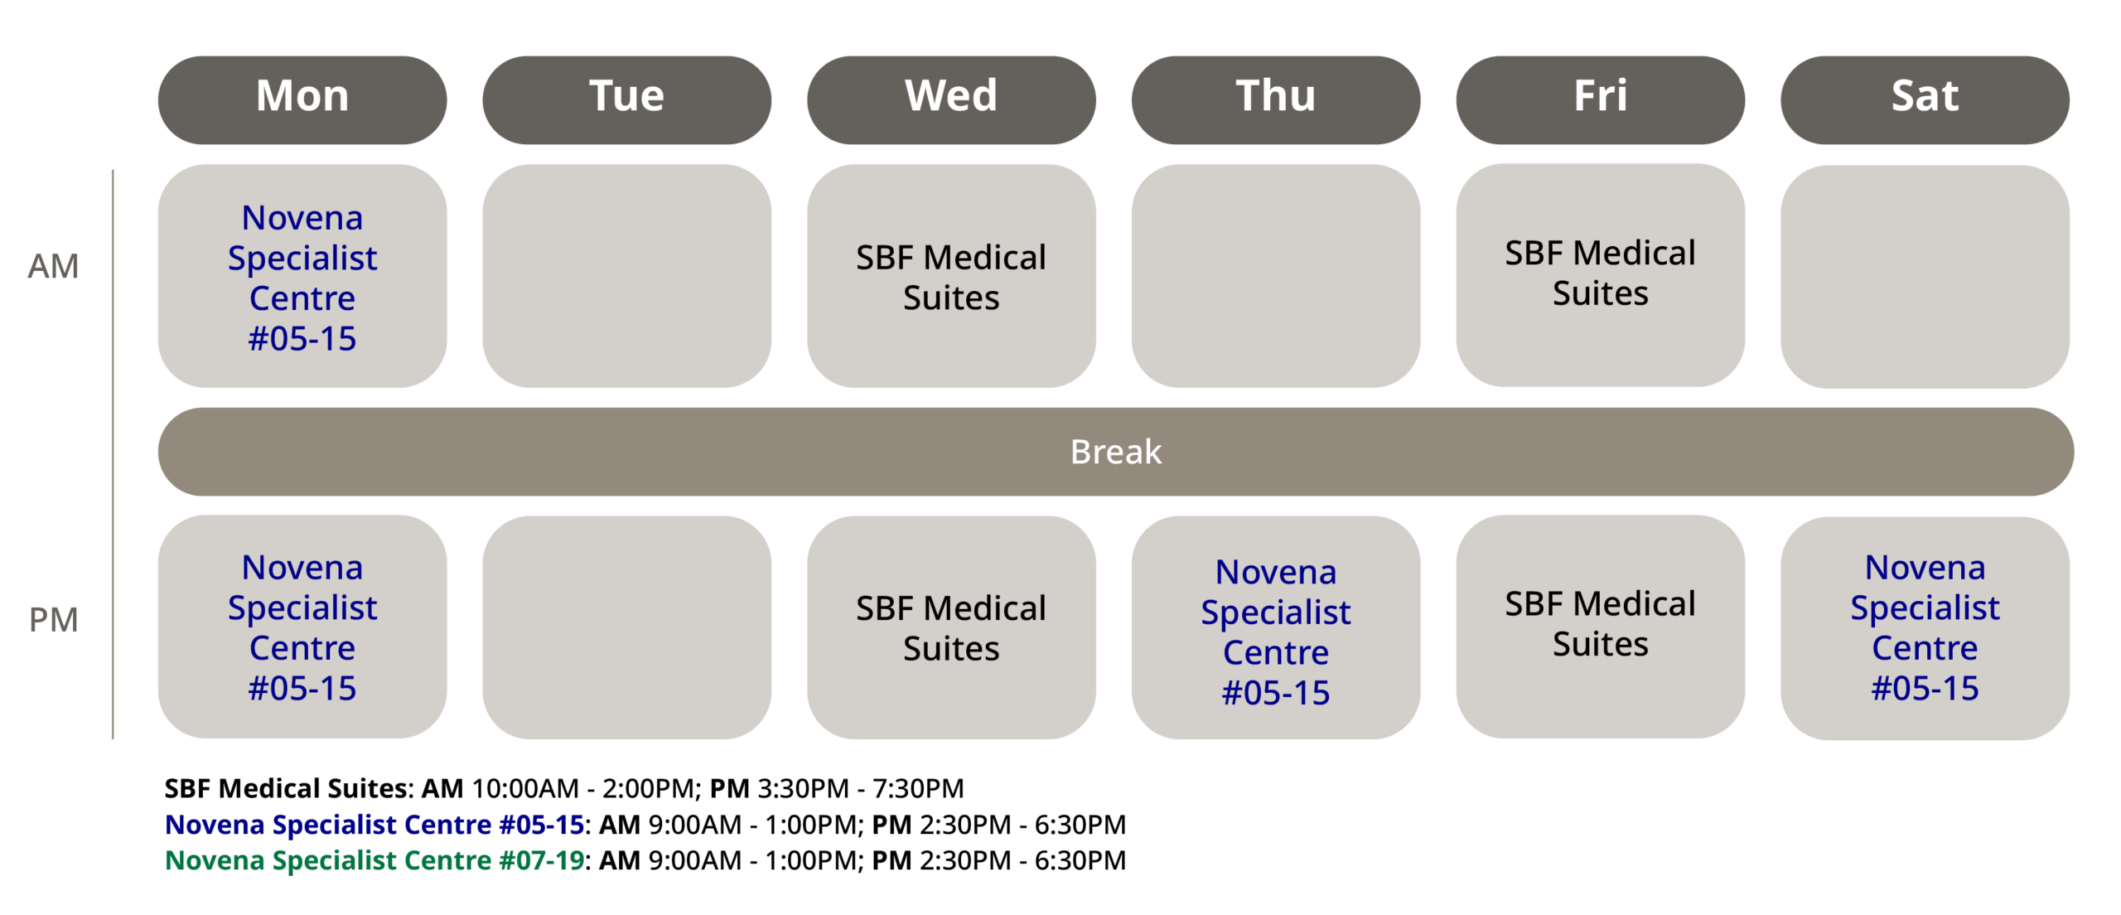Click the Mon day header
tap(302, 99)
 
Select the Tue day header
tap(627, 99)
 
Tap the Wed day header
tap(951, 99)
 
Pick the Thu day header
tap(1276, 99)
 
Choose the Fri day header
tap(1601, 99)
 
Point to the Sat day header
tap(1925, 99)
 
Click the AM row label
tap(53, 266)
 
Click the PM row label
tap(53, 620)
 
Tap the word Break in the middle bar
tap(1116, 452)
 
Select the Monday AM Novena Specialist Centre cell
tap(302, 276)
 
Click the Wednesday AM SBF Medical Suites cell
tap(951, 276)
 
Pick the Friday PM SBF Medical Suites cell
tap(1601, 626)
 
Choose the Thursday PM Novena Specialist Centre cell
tap(1276, 627)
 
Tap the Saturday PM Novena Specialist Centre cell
tap(1925, 628)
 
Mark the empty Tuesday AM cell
tap(627, 276)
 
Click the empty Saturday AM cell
tap(1925, 277)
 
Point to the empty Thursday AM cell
tap(1276, 276)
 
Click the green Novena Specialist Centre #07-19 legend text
tap(375, 860)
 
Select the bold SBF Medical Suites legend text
tap(286, 788)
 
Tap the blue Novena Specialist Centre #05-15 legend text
tap(375, 825)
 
